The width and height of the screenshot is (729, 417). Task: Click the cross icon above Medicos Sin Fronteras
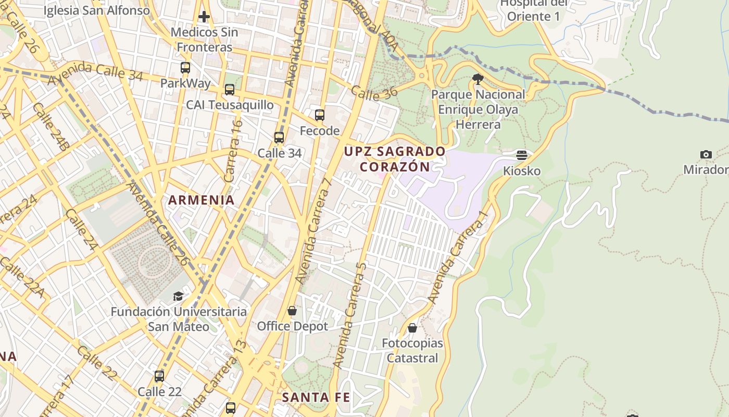[204, 17]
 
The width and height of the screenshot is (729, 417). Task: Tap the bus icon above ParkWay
[185, 67]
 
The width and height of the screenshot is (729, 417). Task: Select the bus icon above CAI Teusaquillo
[230, 90]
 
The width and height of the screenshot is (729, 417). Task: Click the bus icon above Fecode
[320, 115]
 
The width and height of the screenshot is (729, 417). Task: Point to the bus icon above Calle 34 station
[279, 138]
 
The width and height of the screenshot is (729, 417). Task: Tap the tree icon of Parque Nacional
[478, 79]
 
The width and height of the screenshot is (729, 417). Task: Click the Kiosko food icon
[522, 155]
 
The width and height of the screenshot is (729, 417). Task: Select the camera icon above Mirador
[706, 154]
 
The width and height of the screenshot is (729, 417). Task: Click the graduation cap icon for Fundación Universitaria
[179, 296]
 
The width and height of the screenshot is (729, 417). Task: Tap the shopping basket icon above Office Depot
[292, 311]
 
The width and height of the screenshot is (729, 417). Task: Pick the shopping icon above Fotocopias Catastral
[412, 328]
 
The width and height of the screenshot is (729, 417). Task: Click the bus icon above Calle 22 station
[159, 376]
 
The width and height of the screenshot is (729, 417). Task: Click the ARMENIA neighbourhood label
[201, 200]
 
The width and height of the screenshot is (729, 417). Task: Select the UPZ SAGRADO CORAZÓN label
[395, 159]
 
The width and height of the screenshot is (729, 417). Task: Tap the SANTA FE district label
[316, 397]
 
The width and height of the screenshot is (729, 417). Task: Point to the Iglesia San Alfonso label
[96, 10]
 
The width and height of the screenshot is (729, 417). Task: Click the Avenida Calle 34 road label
[95, 73]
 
